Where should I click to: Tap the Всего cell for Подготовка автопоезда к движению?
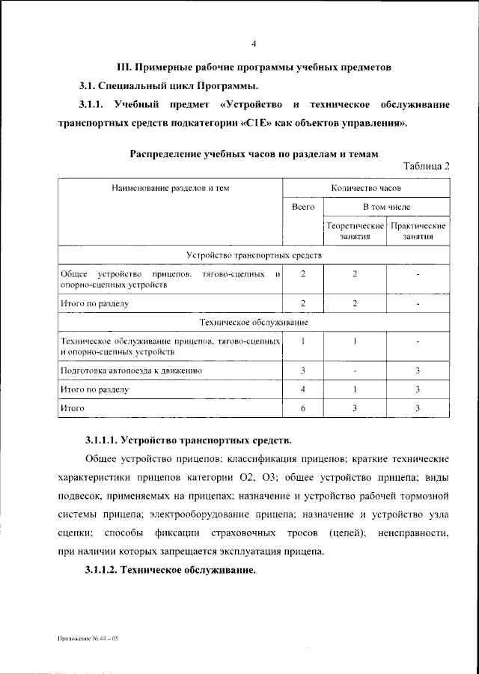pos(303,370)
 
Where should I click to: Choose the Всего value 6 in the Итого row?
pos(303,407)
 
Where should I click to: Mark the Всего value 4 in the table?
pos(303,389)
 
